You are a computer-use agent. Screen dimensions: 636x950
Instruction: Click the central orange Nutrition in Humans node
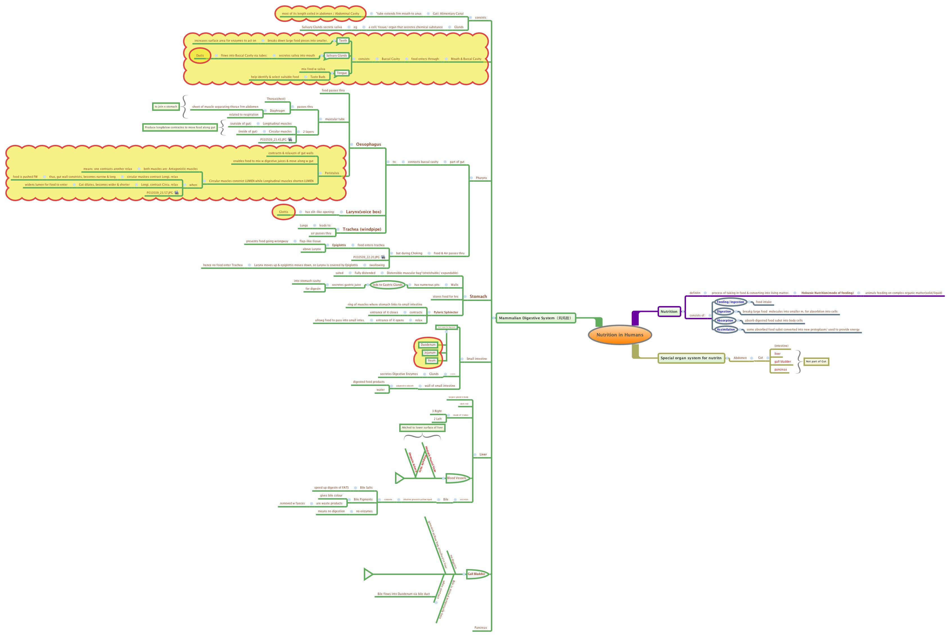pos(619,335)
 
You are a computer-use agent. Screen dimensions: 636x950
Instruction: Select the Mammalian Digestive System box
pos(535,318)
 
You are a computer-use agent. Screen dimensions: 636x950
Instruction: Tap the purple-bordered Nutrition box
pos(669,311)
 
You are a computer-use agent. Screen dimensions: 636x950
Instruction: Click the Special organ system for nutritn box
pos(691,358)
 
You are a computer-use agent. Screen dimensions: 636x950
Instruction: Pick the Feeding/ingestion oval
pos(730,302)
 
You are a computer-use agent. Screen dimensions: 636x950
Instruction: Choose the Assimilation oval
pos(725,329)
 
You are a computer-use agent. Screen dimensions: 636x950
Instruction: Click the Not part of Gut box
pos(816,361)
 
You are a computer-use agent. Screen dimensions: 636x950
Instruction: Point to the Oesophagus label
pos(368,144)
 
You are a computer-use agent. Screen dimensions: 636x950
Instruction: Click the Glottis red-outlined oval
pos(283,212)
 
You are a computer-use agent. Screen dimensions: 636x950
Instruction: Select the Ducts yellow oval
pos(200,56)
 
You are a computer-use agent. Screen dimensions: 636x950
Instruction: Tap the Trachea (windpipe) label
pos(362,229)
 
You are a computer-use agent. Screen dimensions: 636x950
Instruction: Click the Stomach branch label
pos(478,296)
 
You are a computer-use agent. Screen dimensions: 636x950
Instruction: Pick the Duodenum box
pos(428,345)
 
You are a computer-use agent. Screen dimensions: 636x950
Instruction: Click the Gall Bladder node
pos(476,574)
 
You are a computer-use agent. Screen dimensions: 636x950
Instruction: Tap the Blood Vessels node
pos(457,478)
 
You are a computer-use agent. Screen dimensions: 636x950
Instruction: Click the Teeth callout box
pos(343,41)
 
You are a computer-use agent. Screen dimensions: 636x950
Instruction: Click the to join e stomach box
pos(166,107)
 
